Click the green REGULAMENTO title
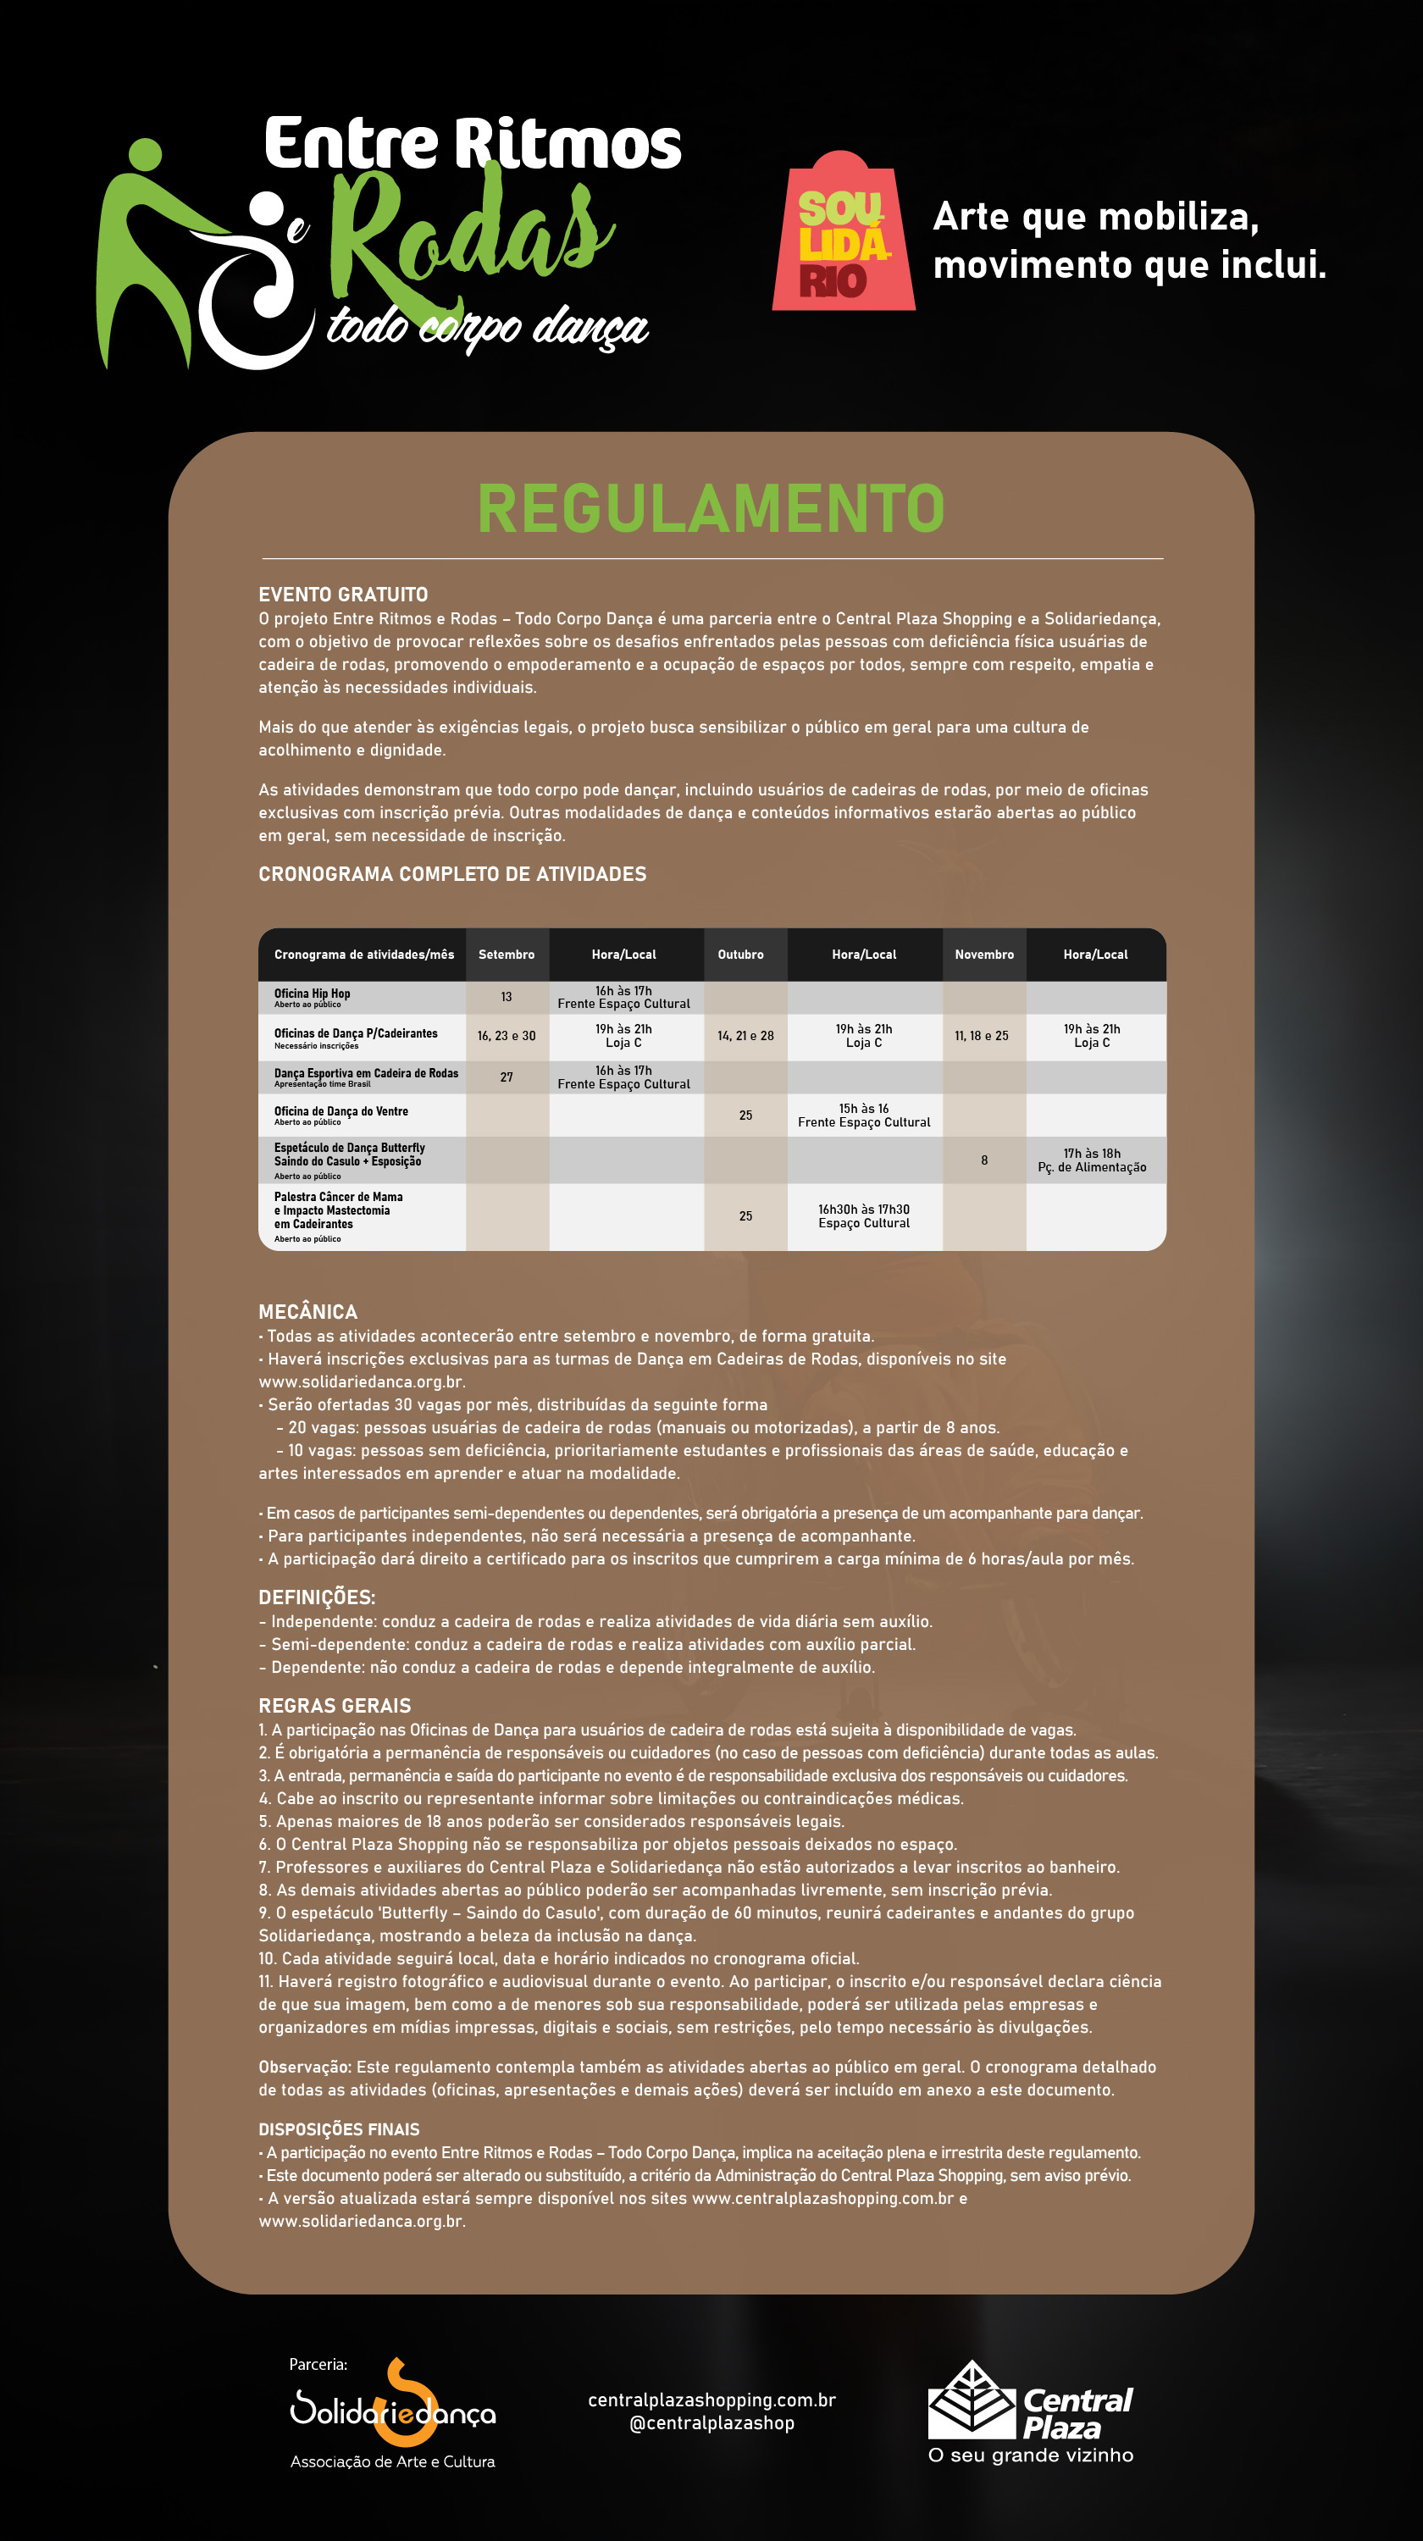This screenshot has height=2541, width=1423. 711,508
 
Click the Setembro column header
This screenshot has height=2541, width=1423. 506,955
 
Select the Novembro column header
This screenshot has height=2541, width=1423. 983,955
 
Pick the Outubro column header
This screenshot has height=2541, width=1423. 740,955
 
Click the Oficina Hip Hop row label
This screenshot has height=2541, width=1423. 313,994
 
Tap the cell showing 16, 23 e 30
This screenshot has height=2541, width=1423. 506,1036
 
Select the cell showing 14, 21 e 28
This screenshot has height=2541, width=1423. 745,1036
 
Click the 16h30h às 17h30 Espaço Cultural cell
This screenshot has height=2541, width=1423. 864,1216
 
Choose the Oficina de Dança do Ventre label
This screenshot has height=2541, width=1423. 341,1111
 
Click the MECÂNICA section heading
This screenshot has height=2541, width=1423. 307,1312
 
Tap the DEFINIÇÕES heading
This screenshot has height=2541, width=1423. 317,1597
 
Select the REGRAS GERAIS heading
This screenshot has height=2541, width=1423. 335,1706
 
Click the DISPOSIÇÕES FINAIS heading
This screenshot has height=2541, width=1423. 338,2129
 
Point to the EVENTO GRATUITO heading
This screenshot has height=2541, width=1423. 343,595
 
